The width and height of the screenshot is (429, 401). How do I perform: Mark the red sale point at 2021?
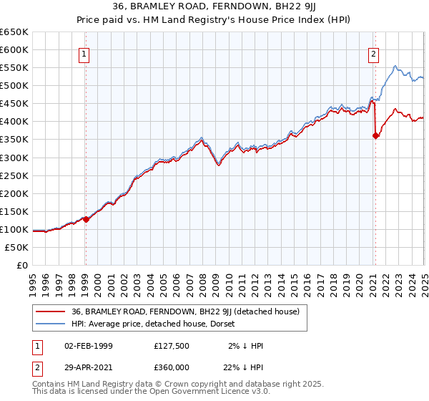[376, 135]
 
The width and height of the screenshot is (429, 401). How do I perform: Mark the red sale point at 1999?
[86, 219]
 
